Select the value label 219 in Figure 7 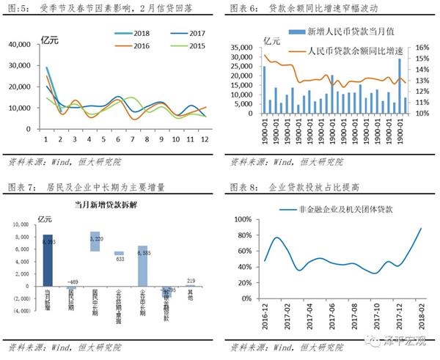(191, 281)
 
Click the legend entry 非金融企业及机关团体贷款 (336, 210)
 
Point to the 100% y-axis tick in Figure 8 (242, 219)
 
